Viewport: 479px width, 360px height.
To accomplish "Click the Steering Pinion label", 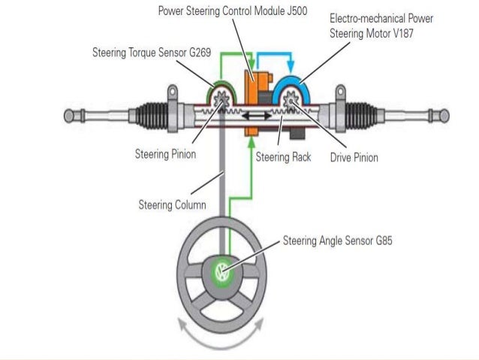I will click(x=165, y=155).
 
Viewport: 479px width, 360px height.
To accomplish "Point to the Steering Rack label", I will click(x=283, y=157).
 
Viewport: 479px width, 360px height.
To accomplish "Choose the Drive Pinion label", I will click(x=354, y=157).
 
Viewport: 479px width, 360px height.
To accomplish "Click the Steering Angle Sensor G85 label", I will click(x=337, y=241).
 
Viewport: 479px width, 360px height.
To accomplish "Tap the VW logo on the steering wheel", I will click(x=222, y=272).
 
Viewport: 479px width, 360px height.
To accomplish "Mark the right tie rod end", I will click(x=436, y=116).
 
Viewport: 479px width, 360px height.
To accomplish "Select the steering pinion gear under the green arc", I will click(x=221, y=99).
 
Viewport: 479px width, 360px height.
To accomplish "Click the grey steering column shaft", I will click(x=222, y=188).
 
